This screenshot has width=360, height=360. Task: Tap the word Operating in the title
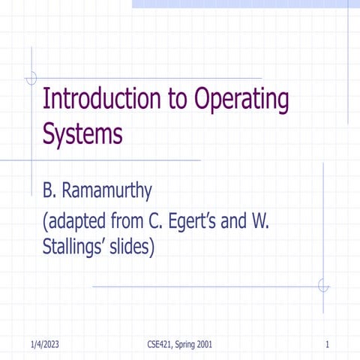241,100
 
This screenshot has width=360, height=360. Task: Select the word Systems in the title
82,134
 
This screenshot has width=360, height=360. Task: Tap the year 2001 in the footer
203,344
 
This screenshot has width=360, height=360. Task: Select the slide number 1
328,344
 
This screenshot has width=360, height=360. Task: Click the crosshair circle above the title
31,78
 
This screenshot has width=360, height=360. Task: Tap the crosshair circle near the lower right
323,286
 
